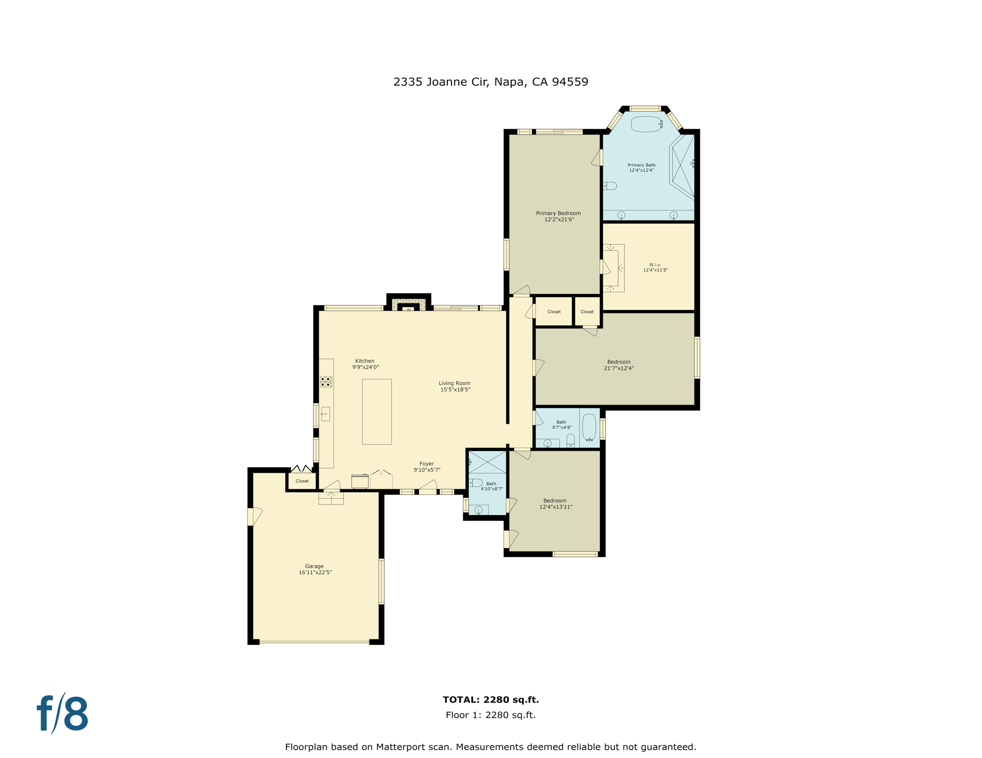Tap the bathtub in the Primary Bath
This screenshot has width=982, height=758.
[x=646, y=124]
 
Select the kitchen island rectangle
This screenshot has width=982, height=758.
[x=376, y=412]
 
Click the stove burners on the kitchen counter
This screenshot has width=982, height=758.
[x=326, y=381]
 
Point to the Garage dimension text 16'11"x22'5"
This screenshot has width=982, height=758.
[x=315, y=572]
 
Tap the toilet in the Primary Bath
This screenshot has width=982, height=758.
[x=611, y=186]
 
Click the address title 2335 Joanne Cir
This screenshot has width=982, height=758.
[x=491, y=82]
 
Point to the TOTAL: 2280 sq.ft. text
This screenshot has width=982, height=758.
[x=491, y=699]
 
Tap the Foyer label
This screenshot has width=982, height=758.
[x=426, y=464]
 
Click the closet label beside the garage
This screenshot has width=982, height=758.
[x=302, y=481]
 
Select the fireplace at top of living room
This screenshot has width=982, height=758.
[x=409, y=305]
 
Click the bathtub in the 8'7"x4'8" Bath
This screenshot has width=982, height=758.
[x=589, y=427]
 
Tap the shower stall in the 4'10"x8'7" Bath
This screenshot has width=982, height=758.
[x=487, y=462]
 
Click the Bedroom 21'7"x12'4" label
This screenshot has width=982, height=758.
[x=618, y=365]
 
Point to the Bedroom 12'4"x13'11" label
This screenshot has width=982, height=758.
[x=555, y=503]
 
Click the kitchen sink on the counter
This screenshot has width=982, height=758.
[x=325, y=414]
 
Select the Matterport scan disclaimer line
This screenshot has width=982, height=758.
[x=491, y=747]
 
